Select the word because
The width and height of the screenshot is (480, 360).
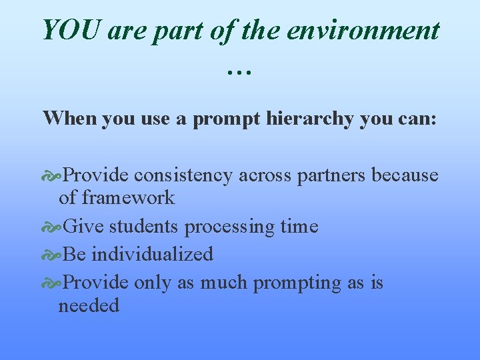(405, 175)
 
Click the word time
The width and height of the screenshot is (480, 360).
(299, 227)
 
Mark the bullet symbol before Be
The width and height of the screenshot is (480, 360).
(52, 255)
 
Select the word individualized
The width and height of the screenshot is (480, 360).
(152, 254)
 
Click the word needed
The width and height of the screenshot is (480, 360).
(89, 306)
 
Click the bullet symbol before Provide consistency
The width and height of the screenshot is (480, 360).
(52, 175)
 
